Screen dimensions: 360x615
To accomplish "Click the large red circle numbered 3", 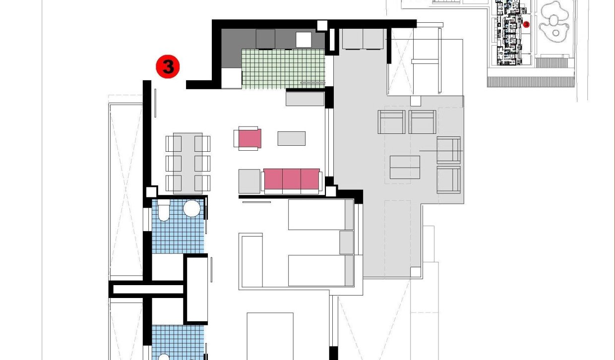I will click(168, 66).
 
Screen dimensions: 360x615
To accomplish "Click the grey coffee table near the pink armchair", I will click(291, 138).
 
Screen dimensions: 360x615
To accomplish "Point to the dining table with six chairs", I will click(187, 162).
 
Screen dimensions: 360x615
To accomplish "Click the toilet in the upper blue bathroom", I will click(163, 210).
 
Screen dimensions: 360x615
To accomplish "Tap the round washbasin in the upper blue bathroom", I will click(191, 208).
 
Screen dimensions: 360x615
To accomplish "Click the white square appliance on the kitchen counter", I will click(304, 40).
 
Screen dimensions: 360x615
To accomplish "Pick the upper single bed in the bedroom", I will click(320, 215).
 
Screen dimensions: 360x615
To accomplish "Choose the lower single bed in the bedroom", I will click(320, 270).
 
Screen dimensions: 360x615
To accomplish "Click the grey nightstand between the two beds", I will click(346, 242).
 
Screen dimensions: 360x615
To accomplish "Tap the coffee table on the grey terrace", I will click(405, 167).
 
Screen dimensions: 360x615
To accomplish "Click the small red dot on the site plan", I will click(526, 24).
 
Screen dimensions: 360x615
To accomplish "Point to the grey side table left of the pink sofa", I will click(249, 181).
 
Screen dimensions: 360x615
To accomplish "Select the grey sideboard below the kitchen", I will click(305, 99).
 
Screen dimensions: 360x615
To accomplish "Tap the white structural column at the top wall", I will click(322, 25).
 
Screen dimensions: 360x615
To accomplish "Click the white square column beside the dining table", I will click(151, 192).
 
